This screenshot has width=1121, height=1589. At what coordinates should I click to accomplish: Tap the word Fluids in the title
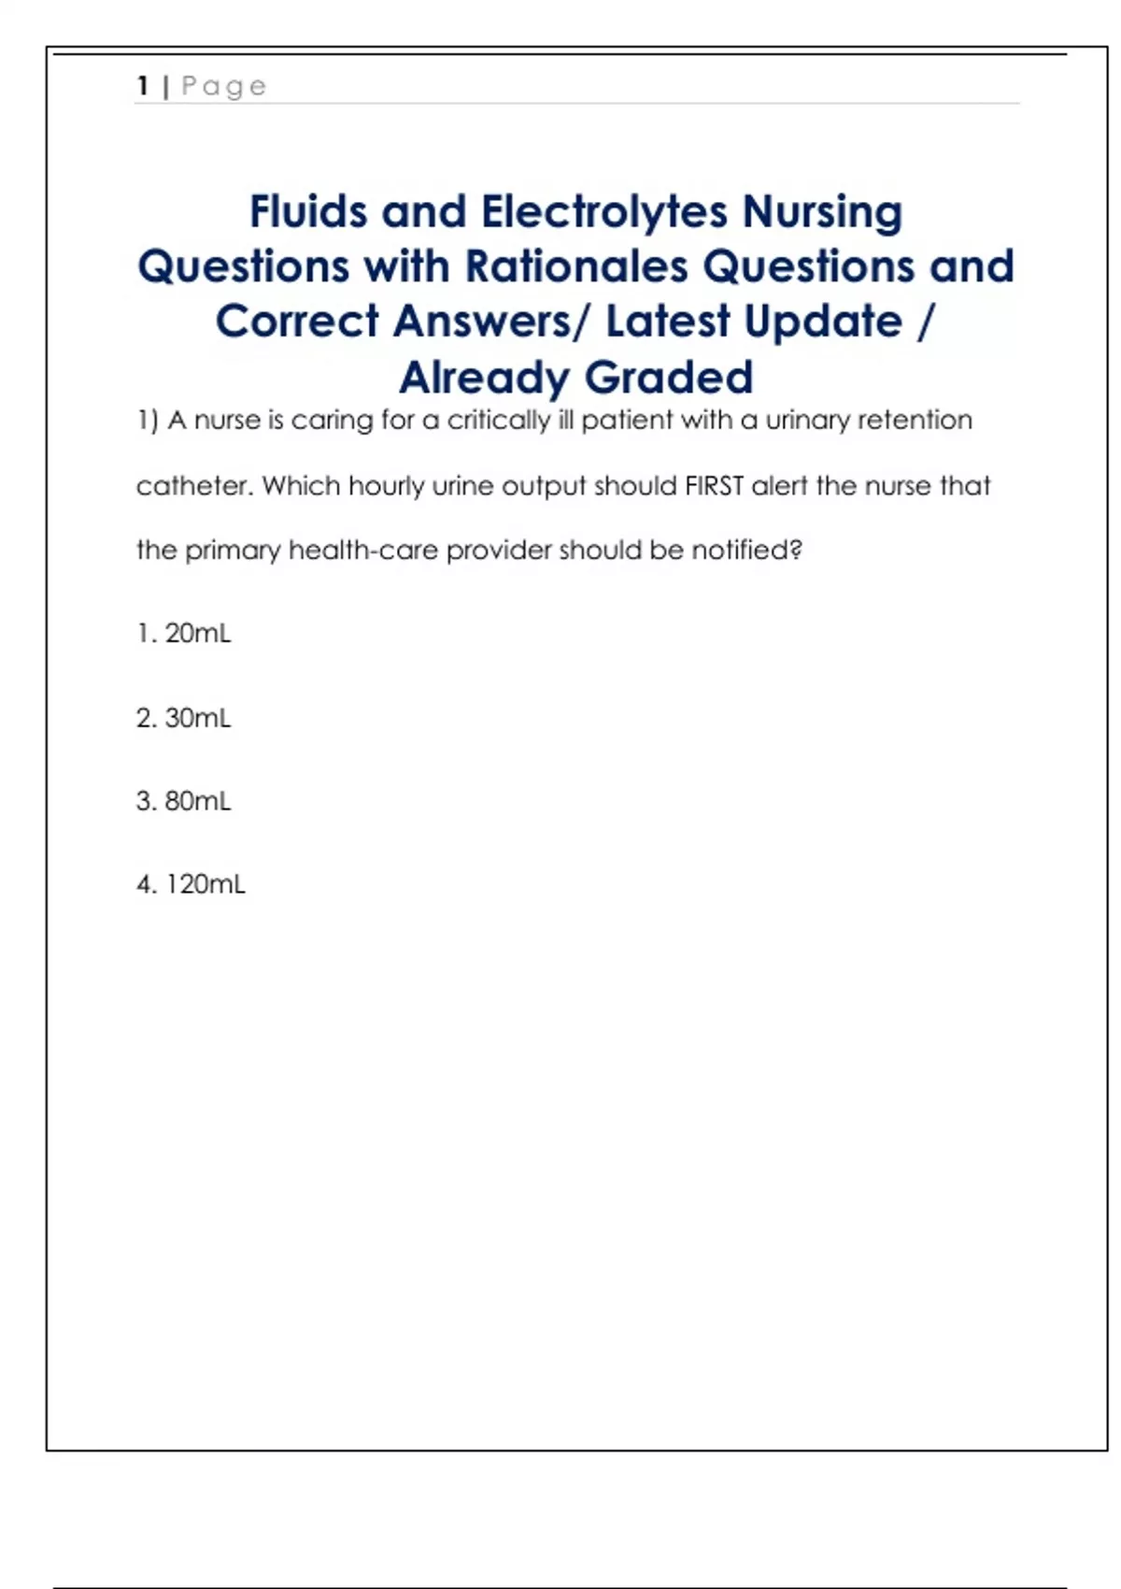pos(309,211)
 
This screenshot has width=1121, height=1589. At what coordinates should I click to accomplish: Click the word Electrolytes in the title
pos(603,211)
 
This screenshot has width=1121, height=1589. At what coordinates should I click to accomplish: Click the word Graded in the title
pos(669,378)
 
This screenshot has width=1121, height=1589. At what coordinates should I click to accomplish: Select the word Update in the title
pos(753,322)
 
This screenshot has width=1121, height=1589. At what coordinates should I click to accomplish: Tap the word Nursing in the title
pos(822,213)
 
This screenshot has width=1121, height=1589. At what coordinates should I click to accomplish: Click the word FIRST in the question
pos(714,486)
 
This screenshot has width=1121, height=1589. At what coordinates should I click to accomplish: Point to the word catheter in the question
pos(194,486)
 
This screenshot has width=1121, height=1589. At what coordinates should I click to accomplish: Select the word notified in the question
pos(746,550)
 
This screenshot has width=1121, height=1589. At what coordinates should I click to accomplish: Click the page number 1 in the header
pos(143,86)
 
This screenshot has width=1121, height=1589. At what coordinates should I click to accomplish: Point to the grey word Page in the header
pos(224,87)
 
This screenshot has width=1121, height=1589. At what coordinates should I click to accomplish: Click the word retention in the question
pos(915,421)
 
